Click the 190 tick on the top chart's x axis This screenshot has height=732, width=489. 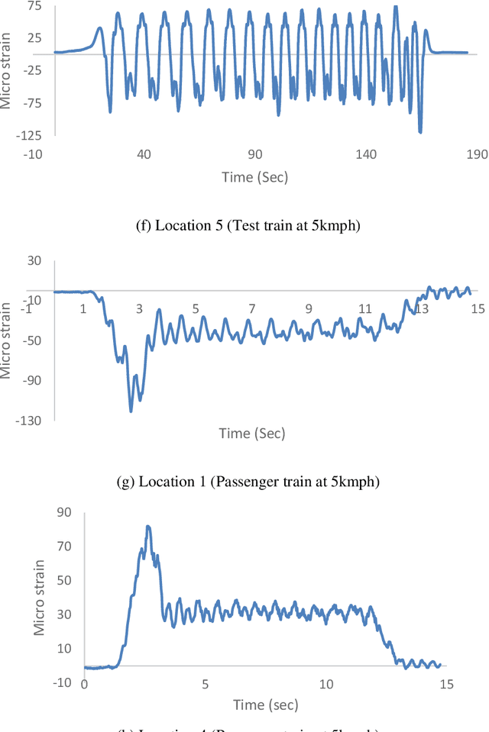tap(476, 154)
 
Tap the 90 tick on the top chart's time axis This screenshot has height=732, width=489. tap(254, 154)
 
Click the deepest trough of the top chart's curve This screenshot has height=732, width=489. tap(420, 131)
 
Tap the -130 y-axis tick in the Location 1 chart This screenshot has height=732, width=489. tap(30, 420)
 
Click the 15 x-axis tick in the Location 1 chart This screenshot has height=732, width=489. tap(478, 308)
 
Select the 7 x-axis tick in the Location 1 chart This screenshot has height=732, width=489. tap(251, 308)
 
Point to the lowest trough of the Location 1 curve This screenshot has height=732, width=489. tap(131, 411)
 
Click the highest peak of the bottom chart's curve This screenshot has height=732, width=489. tap(148, 526)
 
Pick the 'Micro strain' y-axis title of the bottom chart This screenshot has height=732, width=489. tap(39, 597)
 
